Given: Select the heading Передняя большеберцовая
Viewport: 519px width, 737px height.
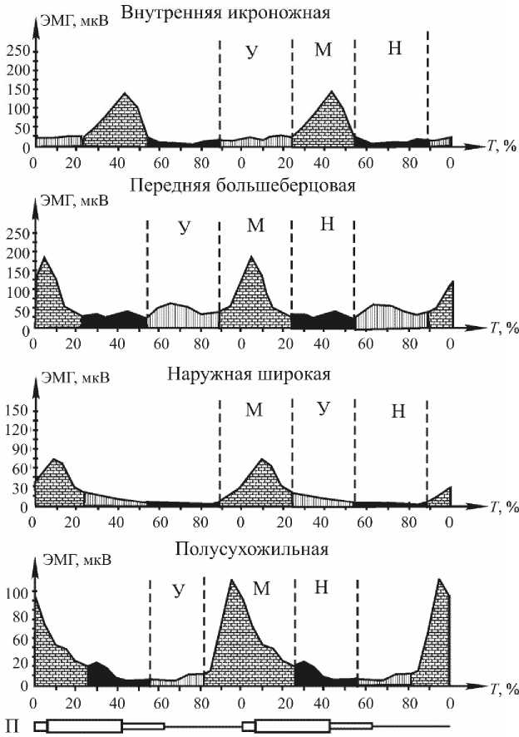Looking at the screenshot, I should coord(243,185).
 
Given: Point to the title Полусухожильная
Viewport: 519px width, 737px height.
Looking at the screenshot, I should coord(252,549).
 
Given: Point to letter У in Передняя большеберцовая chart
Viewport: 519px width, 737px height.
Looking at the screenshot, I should coord(184,226).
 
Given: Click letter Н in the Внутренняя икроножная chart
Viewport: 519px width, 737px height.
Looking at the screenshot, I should coord(395,50).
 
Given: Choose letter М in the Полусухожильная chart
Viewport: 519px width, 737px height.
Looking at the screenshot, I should coord(260,588).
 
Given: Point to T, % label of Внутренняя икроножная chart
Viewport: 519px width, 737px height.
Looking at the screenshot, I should coord(503,146).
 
